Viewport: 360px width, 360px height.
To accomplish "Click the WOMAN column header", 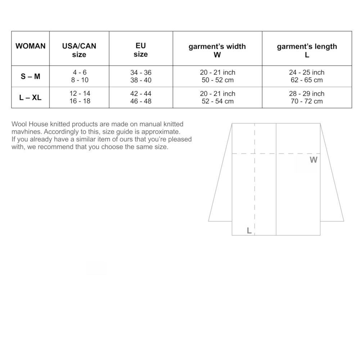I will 31,46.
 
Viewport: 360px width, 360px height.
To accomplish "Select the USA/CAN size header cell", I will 79,50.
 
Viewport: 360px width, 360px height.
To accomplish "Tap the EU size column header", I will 140,50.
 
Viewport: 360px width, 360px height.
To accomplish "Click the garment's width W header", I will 217,50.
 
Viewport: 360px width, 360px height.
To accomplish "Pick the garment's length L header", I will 307,50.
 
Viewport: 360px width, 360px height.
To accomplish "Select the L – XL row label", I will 31,97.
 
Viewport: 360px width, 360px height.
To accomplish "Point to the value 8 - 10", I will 80,80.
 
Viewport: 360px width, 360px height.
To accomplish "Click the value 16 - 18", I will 80,101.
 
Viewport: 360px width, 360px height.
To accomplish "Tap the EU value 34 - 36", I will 141,73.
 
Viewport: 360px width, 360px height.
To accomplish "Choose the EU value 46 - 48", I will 141,101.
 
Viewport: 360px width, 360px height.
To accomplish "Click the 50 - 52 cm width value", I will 217,80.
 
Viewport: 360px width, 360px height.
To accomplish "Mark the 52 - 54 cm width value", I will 217,101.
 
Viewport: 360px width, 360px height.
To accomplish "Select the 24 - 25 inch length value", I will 307,73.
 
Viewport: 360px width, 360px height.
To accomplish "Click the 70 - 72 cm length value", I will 307,101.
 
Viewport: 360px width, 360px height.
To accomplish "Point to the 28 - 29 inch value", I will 307,94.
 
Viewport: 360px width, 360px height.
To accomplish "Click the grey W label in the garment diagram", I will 314,160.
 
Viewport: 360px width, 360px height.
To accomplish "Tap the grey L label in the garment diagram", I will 249,231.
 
